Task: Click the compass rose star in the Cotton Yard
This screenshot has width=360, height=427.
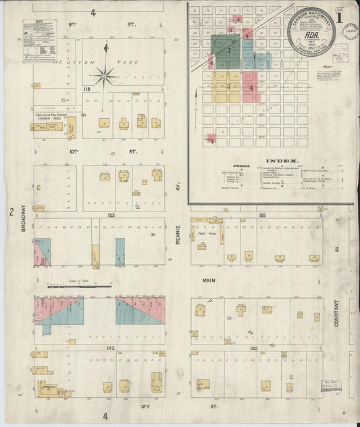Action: (x=104, y=74)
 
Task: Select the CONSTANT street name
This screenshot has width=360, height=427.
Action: (x=336, y=313)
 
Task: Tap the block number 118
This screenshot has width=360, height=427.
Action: (x=86, y=89)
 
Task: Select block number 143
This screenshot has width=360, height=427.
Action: (x=253, y=348)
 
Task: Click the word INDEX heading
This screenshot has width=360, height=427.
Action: (x=269, y=160)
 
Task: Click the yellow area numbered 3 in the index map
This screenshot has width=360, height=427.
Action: (x=229, y=86)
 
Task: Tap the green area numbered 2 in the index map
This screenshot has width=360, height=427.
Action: (x=230, y=49)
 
